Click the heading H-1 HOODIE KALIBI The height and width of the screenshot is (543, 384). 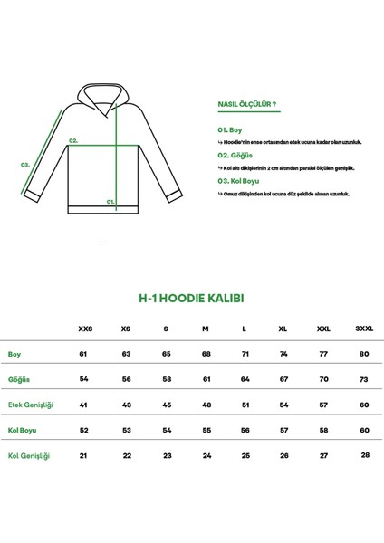[x=191, y=296]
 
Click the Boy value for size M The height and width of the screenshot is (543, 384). [x=206, y=354]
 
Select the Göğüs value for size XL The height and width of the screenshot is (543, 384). [x=283, y=380]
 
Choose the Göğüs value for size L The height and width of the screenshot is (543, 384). [x=245, y=380]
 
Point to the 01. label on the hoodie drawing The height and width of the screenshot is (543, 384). [x=110, y=203]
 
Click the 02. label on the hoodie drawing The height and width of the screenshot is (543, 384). [x=73, y=141]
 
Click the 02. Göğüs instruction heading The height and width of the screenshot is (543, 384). [x=235, y=155]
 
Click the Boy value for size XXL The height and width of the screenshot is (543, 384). [x=322, y=354]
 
